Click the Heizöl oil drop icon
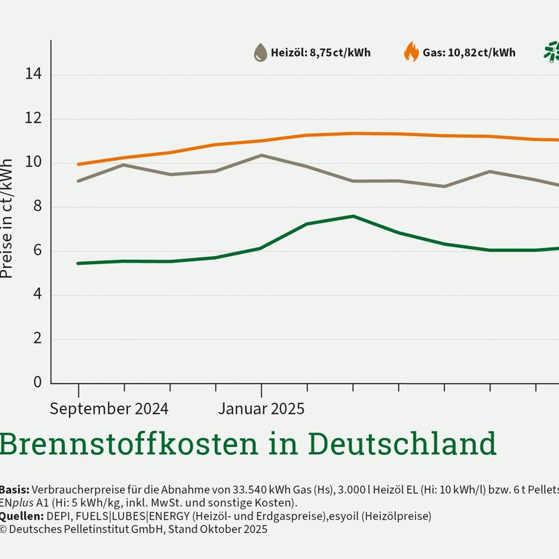point(260,52)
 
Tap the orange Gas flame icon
point(411,52)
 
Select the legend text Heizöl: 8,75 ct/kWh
point(320,52)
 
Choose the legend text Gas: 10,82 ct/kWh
point(469,52)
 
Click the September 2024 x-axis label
point(108,408)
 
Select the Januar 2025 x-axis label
point(261,408)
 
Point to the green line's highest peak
point(353,216)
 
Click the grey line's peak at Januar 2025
point(261,155)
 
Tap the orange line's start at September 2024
point(79,164)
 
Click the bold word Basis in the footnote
point(14,489)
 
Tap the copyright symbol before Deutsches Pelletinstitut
point(3,530)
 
